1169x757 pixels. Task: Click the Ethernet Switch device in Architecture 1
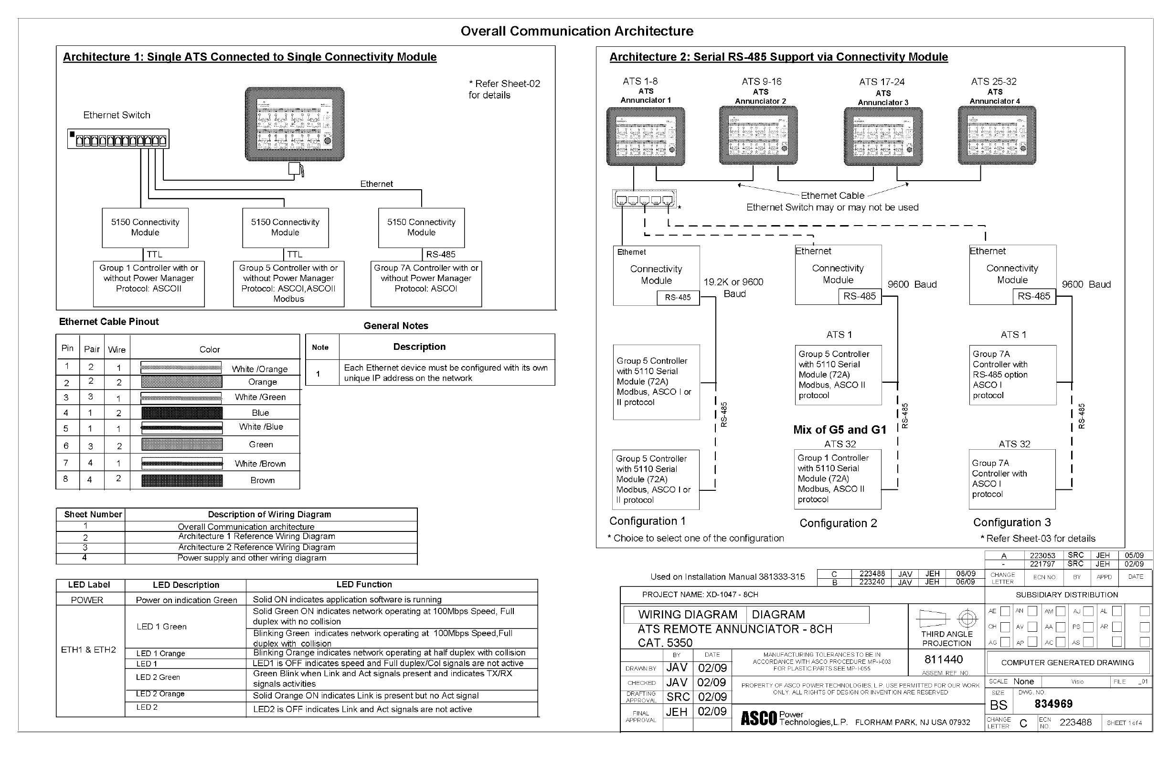tap(118, 139)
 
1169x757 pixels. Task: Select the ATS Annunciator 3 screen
tap(882, 136)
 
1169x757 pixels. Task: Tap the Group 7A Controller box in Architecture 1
tap(426, 283)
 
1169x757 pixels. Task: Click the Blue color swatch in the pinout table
tap(182, 412)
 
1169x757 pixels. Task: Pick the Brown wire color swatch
tap(182, 480)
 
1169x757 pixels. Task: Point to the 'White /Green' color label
tap(260, 397)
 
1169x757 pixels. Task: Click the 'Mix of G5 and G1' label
tap(840, 430)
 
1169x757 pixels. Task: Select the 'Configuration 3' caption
tap(1012, 522)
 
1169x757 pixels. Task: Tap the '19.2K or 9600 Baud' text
tap(733, 288)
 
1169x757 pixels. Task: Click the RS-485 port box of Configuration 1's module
tap(677, 297)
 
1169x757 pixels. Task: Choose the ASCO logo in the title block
tap(758, 718)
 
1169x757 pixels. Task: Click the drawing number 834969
tap(1053, 703)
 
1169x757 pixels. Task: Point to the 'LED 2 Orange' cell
tap(160, 693)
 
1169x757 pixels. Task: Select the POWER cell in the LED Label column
tap(87, 600)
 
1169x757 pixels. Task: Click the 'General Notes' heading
tap(395, 325)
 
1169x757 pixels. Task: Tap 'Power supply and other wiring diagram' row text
tap(252, 558)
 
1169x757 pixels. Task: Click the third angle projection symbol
tap(946, 618)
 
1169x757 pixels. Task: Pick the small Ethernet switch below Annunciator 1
tap(644, 199)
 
